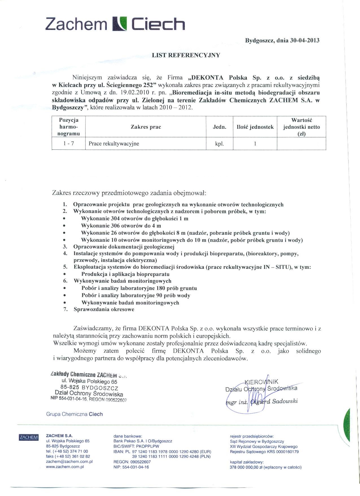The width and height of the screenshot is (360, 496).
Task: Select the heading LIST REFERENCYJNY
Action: [x=186, y=55]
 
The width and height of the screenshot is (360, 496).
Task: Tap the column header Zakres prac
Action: [x=146, y=127]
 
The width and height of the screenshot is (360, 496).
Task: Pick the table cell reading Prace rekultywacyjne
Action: [x=114, y=143]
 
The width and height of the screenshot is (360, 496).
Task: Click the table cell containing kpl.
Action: [x=219, y=143]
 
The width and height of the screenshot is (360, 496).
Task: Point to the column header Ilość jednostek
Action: [x=255, y=127]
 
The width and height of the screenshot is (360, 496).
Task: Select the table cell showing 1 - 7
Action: [x=69, y=143]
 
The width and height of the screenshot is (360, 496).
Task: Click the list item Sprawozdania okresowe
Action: [x=104, y=309]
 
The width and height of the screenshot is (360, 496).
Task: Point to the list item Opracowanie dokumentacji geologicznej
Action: [x=124, y=246]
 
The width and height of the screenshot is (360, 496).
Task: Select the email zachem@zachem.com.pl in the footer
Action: [x=69, y=462]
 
